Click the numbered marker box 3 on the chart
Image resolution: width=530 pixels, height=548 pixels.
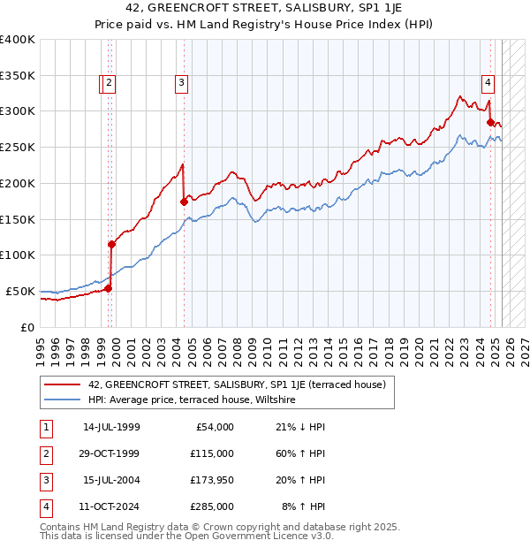[181, 84]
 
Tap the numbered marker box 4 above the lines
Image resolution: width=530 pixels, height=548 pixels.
[488, 84]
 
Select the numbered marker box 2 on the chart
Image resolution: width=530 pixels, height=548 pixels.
[109, 84]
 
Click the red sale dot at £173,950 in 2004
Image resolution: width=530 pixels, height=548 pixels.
[184, 202]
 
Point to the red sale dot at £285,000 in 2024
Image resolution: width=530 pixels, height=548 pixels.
[490, 122]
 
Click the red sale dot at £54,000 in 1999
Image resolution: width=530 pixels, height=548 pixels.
[108, 287]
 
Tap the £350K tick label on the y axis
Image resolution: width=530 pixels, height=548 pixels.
[18, 75]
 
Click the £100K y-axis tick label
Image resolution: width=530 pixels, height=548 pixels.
[18, 255]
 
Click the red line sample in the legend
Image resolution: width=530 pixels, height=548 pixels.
[63, 384]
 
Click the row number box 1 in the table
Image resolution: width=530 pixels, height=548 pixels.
[44, 427]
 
